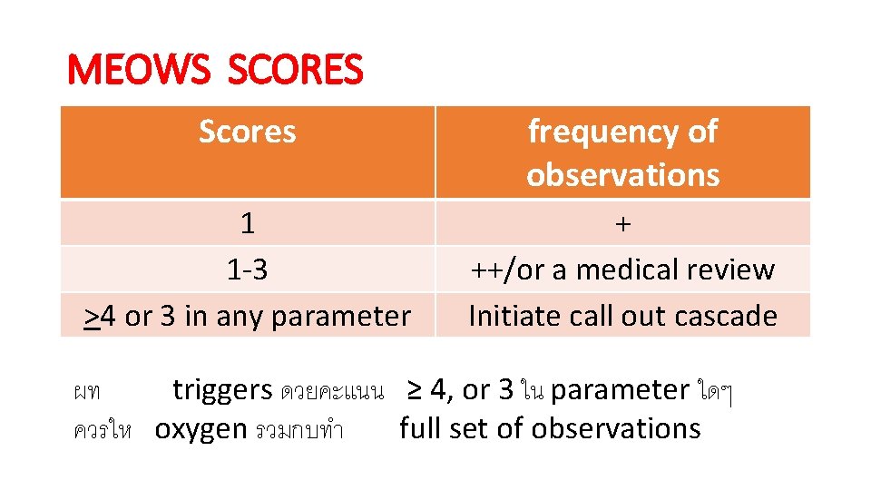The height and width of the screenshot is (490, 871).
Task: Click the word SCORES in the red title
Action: [x=295, y=70]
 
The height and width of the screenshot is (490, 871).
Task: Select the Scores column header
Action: [x=247, y=132]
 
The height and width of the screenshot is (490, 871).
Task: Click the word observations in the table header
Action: [x=622, y=174]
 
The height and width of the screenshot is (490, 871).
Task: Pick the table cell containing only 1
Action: [x=247, y=223]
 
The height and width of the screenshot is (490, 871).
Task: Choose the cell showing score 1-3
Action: [x=247, y=269]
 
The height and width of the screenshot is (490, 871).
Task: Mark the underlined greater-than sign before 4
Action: [x=92, y=317]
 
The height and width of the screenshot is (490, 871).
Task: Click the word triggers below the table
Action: [x=222, y=390]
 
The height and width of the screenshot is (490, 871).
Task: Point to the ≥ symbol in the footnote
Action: [x=414, y=390]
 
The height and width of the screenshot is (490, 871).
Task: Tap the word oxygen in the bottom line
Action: [x=201, y=428]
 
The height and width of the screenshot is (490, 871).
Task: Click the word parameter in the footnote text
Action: [x=620, y=391]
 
